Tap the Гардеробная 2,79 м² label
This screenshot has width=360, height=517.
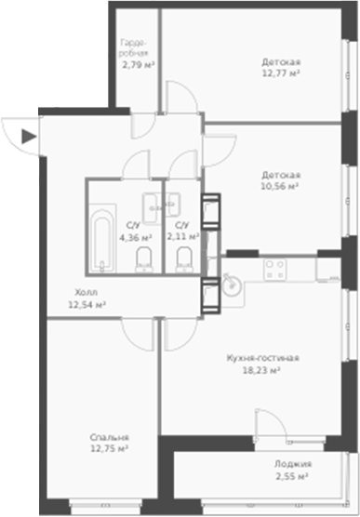click(x=137, y=54)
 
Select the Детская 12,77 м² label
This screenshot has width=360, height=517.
click(x=280, y=68)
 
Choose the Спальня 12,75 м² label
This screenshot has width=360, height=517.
click(x=110, y=442)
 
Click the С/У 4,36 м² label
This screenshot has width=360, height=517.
click(x=135, y=231)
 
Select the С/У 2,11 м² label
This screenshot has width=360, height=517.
click(x=182, y=231)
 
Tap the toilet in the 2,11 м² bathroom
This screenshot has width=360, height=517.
click(x=186, y=258)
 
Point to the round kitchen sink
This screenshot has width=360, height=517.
click(x=229, y=282)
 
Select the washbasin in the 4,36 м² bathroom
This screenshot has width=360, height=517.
click(x=151, y=202)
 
